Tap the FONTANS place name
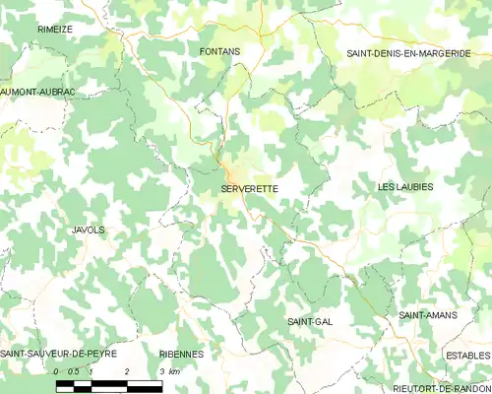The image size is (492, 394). pyautogui.click(x=220, y=50)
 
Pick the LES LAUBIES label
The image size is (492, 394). pyautogui.click(x=405, y=186)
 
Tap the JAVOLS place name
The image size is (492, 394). pyautogui.click(x=89, y=230)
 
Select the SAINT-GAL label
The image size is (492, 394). pyautogui.click(x=308, y=321)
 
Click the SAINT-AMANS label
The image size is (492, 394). pyautogui.click(x=425, y=315)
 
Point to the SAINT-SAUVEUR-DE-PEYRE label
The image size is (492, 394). pyautogui.click(x=59, y=353)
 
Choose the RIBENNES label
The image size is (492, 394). pyautogui.click(x=181, y=353)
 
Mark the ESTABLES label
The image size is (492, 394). pyautogui.click(x=467, y=355)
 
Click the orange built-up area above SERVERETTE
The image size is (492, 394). pyautogui.click(x=228, y=168)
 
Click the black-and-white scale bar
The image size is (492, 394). pyautogui.click(x=109, y=385)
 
